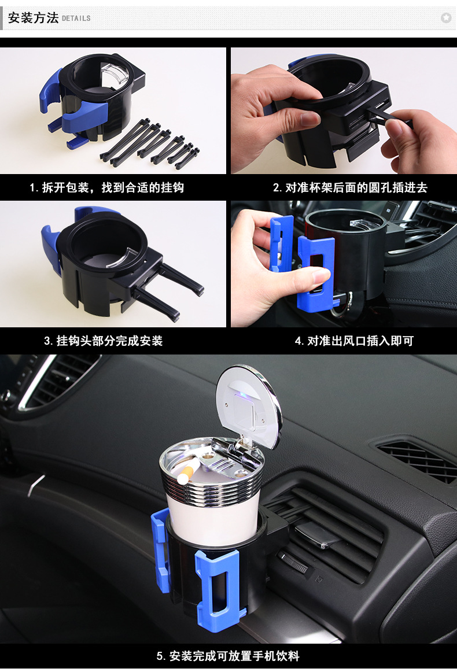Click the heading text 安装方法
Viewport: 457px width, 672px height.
[x=33, y=18]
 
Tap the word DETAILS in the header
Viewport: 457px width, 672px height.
[x=76, y=19]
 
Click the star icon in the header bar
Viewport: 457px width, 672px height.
[x=445, y=18]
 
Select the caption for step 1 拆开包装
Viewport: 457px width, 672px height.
[x=107, y=187]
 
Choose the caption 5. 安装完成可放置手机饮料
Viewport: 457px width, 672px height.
[x=228, y=656]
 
